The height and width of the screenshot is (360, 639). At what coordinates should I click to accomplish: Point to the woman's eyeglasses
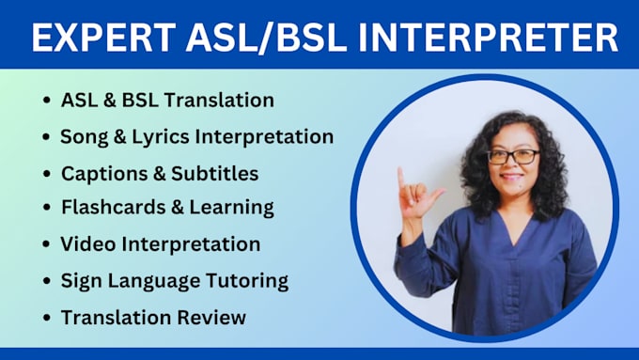(x=513, y=157)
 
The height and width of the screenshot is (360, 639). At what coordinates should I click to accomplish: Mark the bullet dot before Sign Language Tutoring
(x=46, y=281)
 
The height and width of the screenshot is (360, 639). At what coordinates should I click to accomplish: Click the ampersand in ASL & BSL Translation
(x=112, y=100)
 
